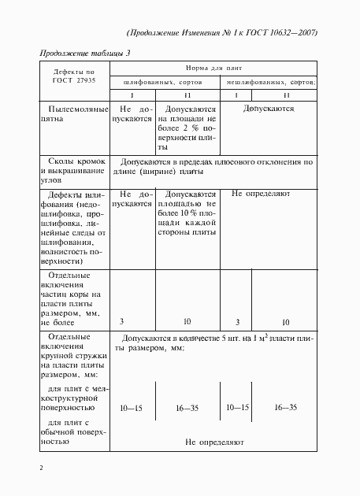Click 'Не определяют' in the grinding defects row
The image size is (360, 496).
[261, 193]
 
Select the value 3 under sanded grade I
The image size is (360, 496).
[121, 322]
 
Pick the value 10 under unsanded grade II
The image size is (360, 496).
[285, 322]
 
